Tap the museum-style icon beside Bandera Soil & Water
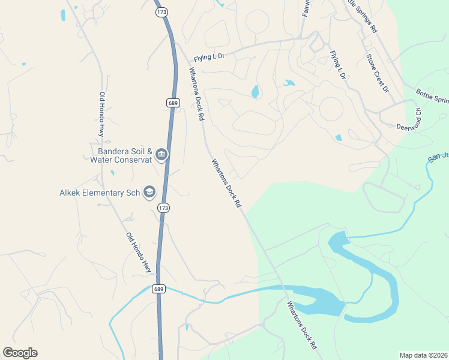161,155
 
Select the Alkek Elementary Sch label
99,193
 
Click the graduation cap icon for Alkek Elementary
149,193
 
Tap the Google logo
20,353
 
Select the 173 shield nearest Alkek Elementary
163,208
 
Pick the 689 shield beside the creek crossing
158,289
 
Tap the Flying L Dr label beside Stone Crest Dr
339,65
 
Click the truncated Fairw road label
306,8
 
